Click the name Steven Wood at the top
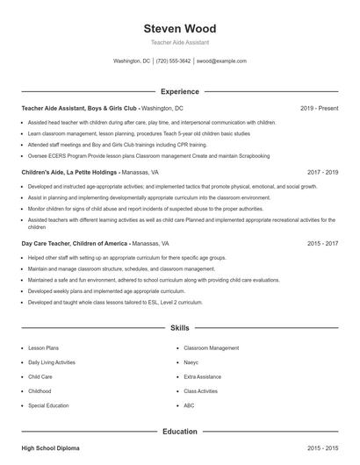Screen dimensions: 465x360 click(x=179, y=28)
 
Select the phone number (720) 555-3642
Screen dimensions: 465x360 click(x=173, y=61)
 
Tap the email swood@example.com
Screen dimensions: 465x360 click(x=221, y=61)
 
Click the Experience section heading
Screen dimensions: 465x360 click(x=179, y=91)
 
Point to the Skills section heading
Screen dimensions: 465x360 click(x=179, y=328)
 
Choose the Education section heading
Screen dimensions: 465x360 click(x=179, y=432)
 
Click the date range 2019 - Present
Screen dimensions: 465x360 click(x=319, y=108)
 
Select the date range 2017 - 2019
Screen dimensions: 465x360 click(x=322, y=173)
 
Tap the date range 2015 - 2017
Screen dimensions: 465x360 click(x=322, y=243)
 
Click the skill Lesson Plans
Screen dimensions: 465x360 click(x=44, y=347)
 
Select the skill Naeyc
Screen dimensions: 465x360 click(x=191, y=362)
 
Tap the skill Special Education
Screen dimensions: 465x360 click(x=48, y=406)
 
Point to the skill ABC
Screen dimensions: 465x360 click(x=189, y=406)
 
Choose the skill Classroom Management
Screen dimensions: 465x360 click(x=211, y=347)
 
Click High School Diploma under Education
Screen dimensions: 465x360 click(x=50, y=448)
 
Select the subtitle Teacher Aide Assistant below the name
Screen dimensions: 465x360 click(x=179, y=42)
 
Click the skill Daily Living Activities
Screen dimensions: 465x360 click(x=52, y=362)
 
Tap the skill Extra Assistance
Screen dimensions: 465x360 click(x=202, y=376)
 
